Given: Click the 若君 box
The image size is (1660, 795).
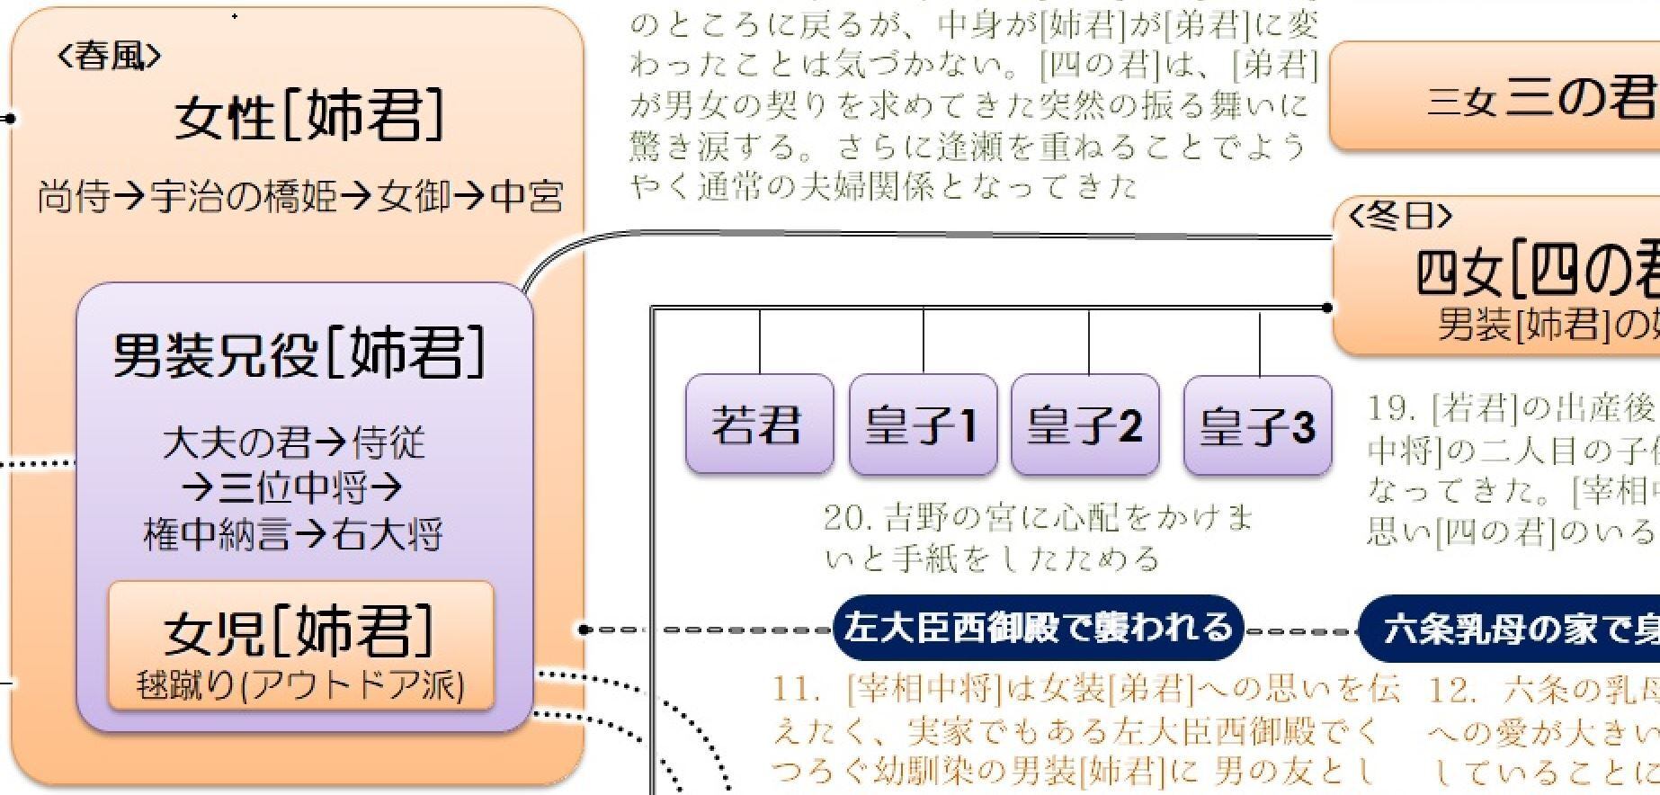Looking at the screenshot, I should click(x=758, y=424).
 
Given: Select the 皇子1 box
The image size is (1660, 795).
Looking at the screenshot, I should click(x=922, y=424).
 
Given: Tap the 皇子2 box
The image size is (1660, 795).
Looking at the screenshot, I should click(x=1084, y=424).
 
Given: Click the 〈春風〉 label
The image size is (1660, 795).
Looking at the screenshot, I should click(x=110, y=57).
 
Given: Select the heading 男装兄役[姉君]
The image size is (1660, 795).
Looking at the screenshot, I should click(x=299, y=353).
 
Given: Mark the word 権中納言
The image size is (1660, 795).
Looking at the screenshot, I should click(x=216, y=535).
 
